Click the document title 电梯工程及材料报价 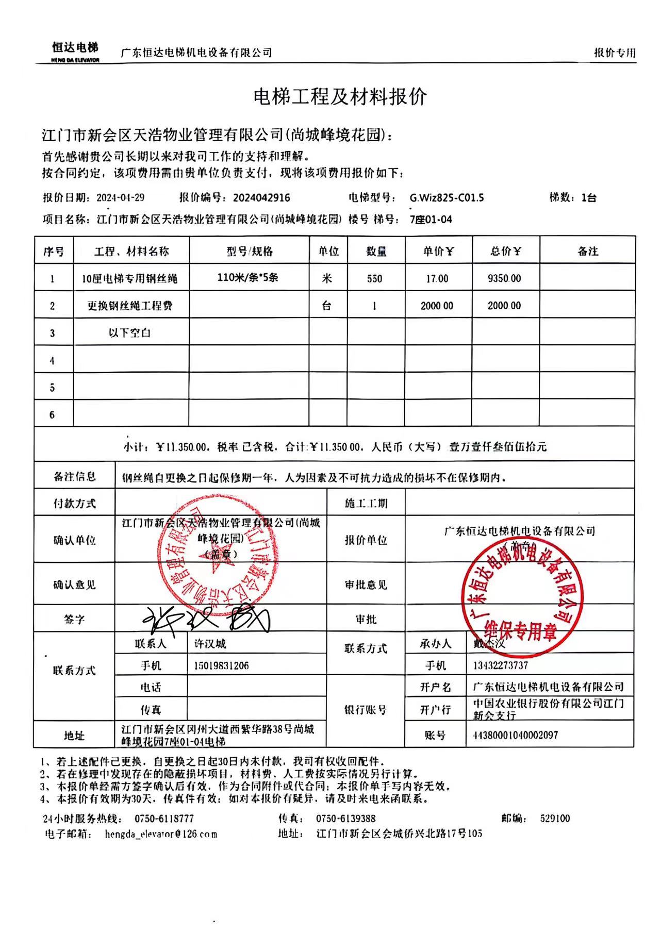340,96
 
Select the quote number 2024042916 261,197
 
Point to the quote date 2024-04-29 120,197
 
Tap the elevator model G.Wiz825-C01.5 447,197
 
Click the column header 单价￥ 438,251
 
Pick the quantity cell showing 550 374,278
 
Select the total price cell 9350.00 504,278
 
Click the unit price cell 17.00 437,278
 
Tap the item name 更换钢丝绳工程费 130,306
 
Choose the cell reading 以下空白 130,333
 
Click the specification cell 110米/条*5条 248,277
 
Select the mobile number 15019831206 221,665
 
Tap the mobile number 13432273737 500,665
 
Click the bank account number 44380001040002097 515,735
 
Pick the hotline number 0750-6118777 164,818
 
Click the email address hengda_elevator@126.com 160,833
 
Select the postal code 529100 555,818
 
